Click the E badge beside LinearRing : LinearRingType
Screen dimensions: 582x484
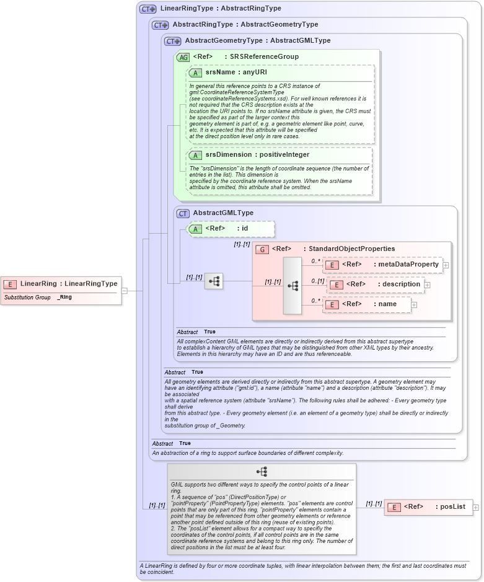[x=10, y=284]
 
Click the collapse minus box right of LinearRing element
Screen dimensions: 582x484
[x=125, y=290]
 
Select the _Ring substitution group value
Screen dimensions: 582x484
[x=64, y=298]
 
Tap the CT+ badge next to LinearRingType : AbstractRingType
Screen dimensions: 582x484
[x=148, y=9]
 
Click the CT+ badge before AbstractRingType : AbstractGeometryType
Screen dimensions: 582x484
[x=161, y=25]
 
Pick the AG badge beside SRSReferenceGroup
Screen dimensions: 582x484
[x=183, y=57]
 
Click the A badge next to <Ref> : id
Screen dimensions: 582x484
[x=195, y=229]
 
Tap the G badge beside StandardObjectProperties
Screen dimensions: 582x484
[x=262, y=249]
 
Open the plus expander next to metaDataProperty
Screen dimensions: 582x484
[x=446, y=265]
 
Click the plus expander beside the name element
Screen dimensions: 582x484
[x=414, y=304]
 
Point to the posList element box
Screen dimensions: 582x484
[x=428, y=507]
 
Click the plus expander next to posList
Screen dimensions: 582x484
[x=476, y=507]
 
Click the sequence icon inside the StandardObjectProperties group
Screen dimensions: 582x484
[x=293, y=286]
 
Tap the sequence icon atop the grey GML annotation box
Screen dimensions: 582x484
[x=262, y=472]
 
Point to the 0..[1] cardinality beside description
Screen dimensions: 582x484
[x=317, y=281]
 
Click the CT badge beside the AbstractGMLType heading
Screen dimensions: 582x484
[x=183, y=213]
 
